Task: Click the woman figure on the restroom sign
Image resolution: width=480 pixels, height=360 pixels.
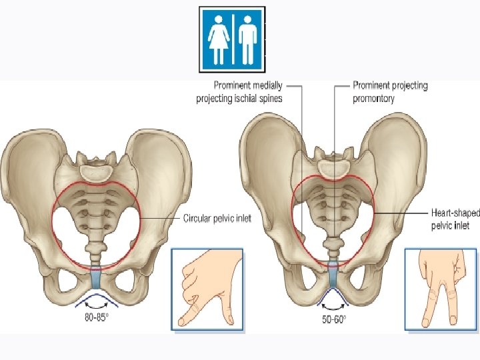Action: click(219, 39)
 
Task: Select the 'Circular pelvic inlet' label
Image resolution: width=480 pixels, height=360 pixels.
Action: click(217, 219)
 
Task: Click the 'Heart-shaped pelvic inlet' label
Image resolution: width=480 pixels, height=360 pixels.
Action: click(455, 219)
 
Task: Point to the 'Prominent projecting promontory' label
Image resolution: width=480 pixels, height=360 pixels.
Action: click(390, 92)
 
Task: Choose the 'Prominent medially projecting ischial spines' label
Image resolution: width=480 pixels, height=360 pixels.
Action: click(239, 92)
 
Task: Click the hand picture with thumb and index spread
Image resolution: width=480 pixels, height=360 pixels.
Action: click(207, 289)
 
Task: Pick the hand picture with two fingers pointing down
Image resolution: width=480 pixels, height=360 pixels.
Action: click(440, 289)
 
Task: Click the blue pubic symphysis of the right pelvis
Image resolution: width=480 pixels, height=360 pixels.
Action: click(333, 274)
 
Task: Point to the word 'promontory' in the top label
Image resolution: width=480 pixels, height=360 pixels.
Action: click(373, 99)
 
